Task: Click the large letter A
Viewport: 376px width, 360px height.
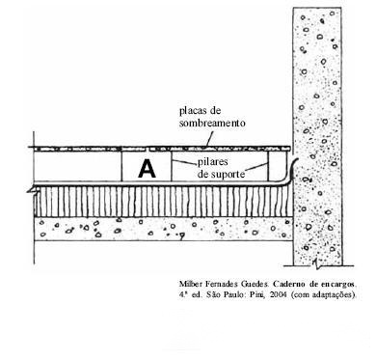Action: pos(147,169)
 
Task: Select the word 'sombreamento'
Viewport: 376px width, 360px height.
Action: pos(212,123)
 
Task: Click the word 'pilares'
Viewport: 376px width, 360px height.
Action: pos(212,162)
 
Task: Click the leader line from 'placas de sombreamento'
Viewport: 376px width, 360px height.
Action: pos(209,139)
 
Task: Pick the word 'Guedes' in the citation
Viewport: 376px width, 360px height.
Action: pos(254,284)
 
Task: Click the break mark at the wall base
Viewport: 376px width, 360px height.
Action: pos(315,263)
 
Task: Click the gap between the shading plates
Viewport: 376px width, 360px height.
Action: pos(147,149)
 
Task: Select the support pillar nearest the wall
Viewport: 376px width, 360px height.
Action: pos(268,166)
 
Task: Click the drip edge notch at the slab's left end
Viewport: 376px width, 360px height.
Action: pos(31,190)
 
